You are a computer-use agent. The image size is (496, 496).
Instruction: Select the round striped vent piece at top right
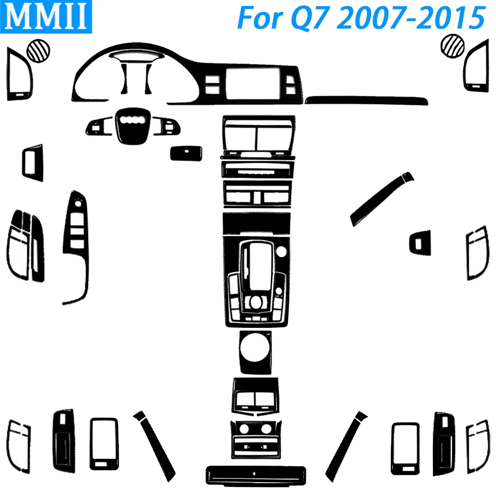[x=452, y=50]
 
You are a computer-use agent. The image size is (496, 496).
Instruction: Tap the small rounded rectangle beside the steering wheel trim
[x=186, y=153]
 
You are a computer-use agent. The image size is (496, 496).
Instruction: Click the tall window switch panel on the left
[x=76, y=243]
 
